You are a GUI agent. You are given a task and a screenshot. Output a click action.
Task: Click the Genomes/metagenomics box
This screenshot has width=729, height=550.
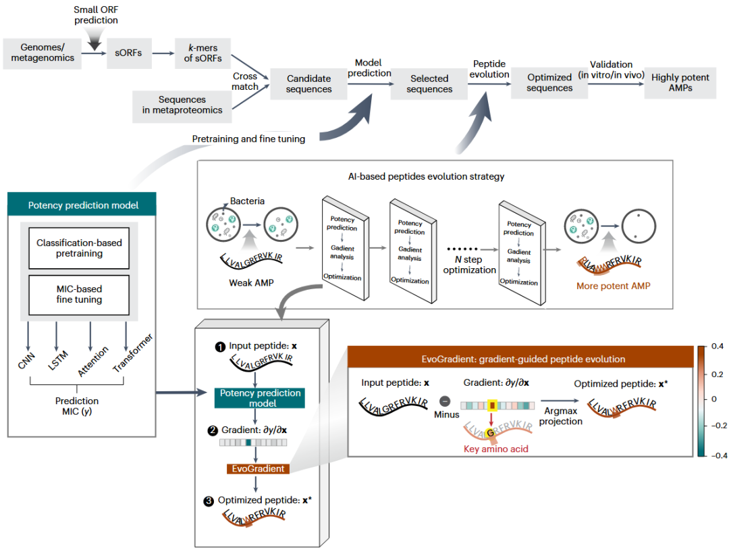43,53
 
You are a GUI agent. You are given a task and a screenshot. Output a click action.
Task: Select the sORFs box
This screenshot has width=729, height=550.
129,53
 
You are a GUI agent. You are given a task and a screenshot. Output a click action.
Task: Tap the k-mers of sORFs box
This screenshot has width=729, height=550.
202,53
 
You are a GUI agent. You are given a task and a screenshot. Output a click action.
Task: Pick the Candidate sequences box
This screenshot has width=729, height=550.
308,84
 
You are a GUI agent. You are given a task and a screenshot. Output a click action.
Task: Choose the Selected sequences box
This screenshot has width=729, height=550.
429,84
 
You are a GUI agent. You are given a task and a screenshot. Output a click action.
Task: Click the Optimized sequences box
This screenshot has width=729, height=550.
549,83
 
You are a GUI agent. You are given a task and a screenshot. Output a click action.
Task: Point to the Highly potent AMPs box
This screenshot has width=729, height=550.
680,83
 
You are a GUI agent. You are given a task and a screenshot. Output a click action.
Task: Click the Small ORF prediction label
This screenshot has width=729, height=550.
97,15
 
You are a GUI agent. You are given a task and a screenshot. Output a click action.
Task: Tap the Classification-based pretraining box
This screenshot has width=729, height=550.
79,248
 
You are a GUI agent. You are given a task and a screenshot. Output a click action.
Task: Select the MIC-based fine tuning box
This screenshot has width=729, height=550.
79,295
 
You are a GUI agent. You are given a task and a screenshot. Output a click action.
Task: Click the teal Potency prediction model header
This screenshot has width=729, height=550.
82,204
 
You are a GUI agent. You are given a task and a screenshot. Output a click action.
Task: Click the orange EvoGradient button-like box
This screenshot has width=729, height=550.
258,468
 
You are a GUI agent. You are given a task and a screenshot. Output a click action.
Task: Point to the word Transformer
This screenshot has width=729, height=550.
133,353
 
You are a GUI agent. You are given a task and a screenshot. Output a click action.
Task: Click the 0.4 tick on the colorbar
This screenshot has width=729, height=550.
717,346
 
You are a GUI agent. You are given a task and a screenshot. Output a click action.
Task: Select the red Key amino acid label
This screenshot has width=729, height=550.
496,449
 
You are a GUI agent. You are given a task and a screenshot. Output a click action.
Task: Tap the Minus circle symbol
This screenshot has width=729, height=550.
445,401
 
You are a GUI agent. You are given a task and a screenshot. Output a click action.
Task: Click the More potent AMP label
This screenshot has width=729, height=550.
613,286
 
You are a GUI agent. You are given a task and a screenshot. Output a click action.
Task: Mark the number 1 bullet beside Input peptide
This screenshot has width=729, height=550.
220,347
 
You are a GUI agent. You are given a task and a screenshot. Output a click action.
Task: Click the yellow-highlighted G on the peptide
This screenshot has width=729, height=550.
490,433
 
